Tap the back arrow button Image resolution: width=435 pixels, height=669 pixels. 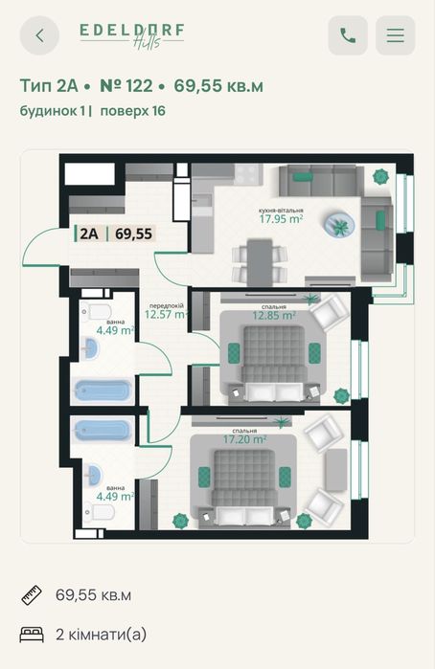[39, 35]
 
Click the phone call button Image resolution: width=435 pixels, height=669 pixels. [348, 35]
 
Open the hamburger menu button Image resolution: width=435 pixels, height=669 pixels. [396, 35]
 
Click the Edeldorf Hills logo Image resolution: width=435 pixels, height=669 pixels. [132, 35]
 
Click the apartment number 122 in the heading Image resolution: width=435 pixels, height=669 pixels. [126, 86]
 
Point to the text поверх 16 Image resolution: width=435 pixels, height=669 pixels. [132, 111]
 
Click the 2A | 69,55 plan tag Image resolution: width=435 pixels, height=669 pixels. [115, 234]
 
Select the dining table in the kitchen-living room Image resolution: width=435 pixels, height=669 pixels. [260, 263]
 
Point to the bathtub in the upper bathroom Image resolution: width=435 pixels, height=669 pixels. [103, 390]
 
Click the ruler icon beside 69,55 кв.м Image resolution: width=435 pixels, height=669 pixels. [32, 594]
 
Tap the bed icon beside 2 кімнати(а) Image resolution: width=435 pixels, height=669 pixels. [32, 635]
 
